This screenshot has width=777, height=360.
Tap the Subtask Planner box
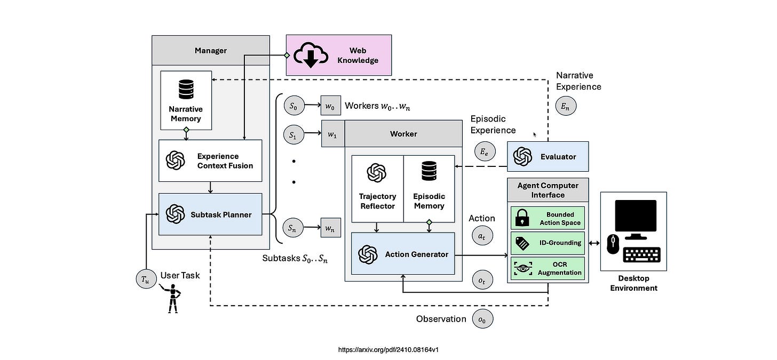click(x=210, y=214)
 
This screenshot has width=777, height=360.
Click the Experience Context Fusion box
click(x=210, y=161)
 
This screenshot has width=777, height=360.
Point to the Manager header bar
click(x=210, y=51)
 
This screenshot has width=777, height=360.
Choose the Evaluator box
click(x=548, y=156)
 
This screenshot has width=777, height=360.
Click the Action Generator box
click(x=403, y=254)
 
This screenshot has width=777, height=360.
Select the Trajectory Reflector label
click(x=377, y=201)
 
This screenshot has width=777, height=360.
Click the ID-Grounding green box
click(x=548, y=243)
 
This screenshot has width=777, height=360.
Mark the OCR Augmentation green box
click(x=548, y=268)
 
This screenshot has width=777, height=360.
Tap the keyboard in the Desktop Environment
click(x=643, y=257)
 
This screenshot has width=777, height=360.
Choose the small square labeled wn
click(x=330, y=228)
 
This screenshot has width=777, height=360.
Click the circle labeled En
click(x=566, y=106)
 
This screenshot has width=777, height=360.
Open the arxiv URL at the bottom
click(x=388, y=350)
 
